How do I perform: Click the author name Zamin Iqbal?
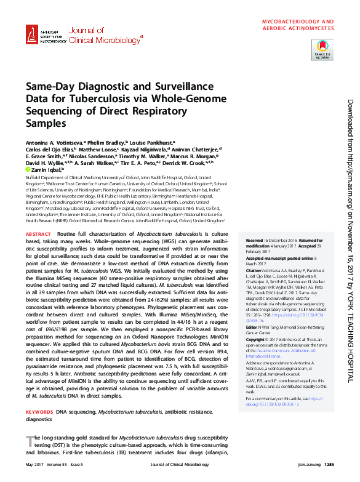tap(46, 168)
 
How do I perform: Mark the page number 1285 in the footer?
tap(328, 464)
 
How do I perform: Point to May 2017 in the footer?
tap(34, 464)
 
